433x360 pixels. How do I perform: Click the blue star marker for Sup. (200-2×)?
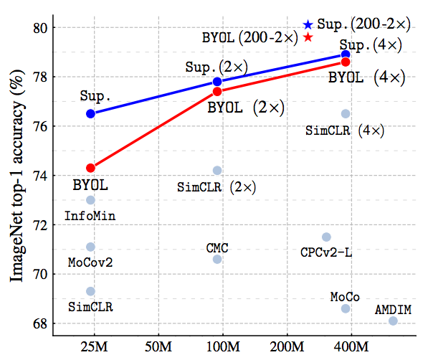(308, 25)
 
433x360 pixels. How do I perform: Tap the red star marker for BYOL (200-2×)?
(308, 37)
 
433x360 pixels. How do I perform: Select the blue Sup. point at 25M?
(90, 113)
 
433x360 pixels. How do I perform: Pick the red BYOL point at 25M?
(90, 168)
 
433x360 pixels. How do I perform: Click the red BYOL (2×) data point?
(217, 91)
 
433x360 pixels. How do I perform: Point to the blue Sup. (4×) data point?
(346, 55)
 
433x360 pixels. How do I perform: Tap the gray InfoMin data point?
(90, 200)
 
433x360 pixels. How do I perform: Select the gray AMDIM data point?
(393, 321)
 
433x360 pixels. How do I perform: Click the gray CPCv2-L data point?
(326, 237)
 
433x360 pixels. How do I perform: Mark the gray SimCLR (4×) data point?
(346, 113)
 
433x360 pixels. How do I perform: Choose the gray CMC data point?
(217, 259)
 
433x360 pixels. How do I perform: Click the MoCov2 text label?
(90, 262)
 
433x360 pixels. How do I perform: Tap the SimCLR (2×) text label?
(217, 187)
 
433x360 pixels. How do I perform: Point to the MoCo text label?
(345, 296)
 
